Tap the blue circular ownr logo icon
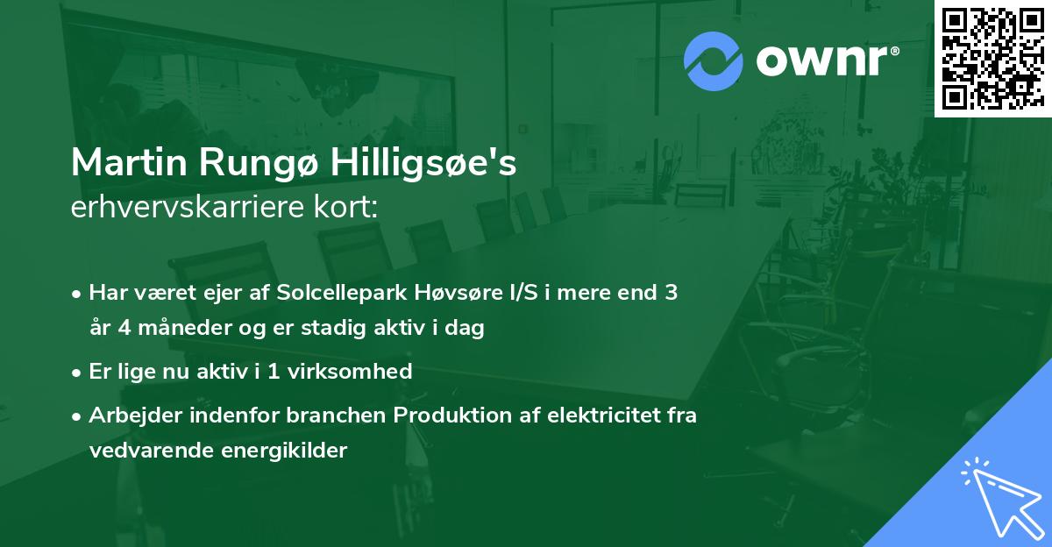pos(713,61)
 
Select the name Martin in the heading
pos(122,163)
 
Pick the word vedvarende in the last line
pos(144,451)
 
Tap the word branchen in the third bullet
pos(310,415)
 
